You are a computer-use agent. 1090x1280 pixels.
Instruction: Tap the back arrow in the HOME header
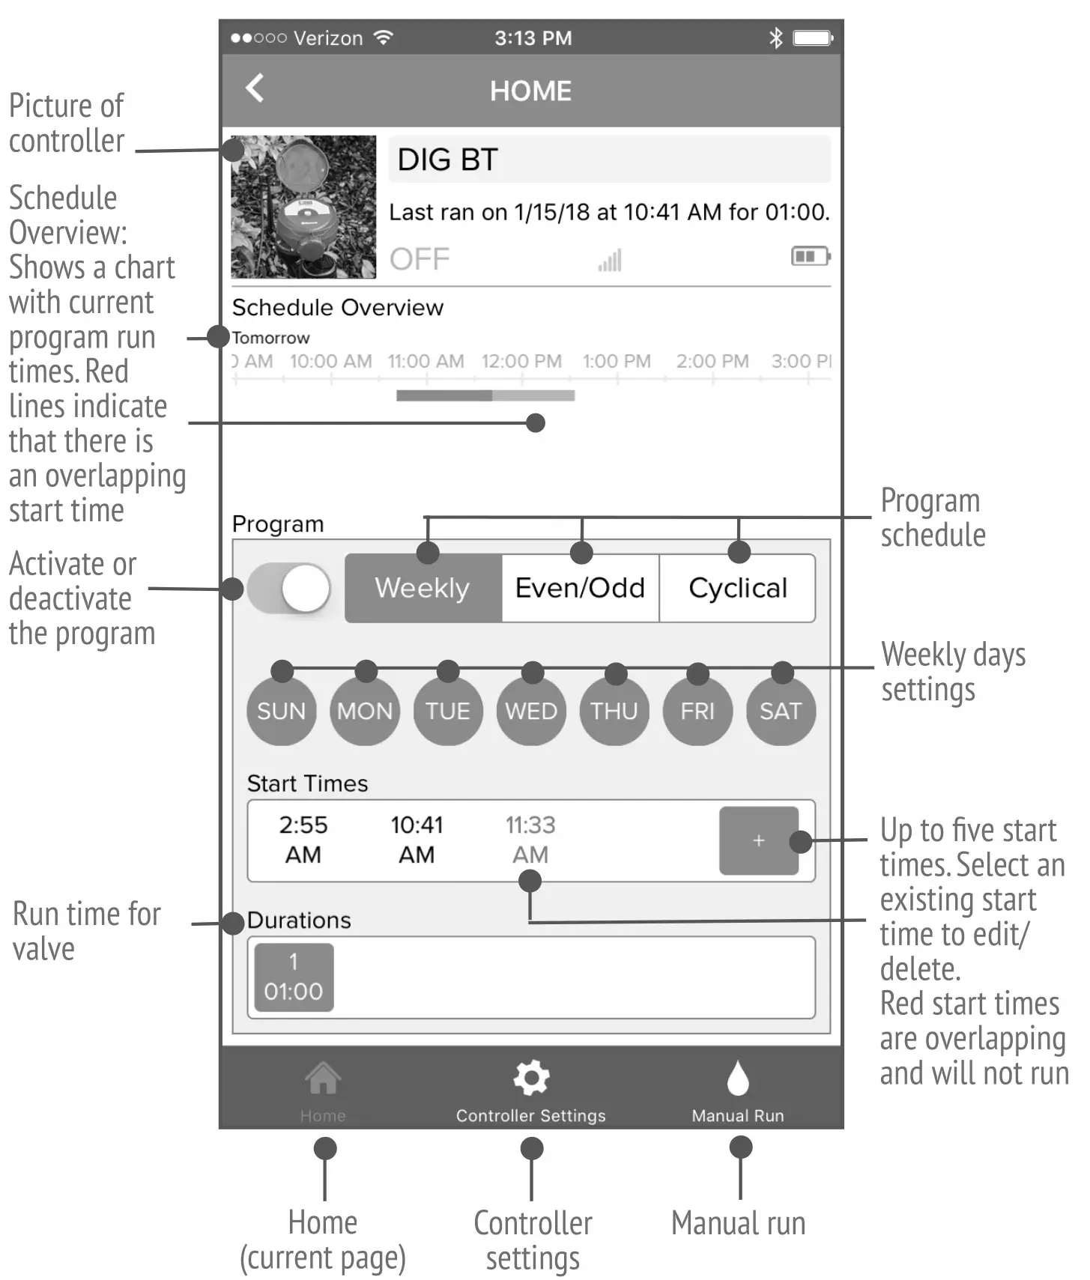255,88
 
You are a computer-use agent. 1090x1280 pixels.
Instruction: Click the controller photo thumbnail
303,207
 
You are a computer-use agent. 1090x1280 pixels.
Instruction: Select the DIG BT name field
609,160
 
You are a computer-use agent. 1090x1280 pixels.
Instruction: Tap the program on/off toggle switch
289,589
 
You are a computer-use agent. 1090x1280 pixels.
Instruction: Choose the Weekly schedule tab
423,589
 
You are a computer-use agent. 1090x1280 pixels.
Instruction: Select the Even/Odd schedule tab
580,589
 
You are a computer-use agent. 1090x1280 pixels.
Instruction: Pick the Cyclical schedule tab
737,589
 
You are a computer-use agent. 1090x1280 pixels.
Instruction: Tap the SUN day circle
281,711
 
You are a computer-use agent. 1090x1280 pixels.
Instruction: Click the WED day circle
531,711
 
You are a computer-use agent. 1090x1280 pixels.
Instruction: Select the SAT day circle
781,711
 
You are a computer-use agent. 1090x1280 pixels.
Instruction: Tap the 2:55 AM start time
303,840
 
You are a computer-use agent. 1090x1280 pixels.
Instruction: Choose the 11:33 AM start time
530,840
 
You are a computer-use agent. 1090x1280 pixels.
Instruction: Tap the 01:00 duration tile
294,977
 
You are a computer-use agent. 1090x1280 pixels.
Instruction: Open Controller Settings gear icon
531,1079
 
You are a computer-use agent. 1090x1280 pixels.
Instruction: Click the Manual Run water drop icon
738,1079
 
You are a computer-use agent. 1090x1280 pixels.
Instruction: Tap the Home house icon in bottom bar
323,1079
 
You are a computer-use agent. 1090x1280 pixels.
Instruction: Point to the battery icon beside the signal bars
811,257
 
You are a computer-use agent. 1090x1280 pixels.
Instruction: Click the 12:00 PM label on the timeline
521,361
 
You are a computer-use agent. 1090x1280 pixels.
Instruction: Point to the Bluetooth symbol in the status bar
776,37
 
